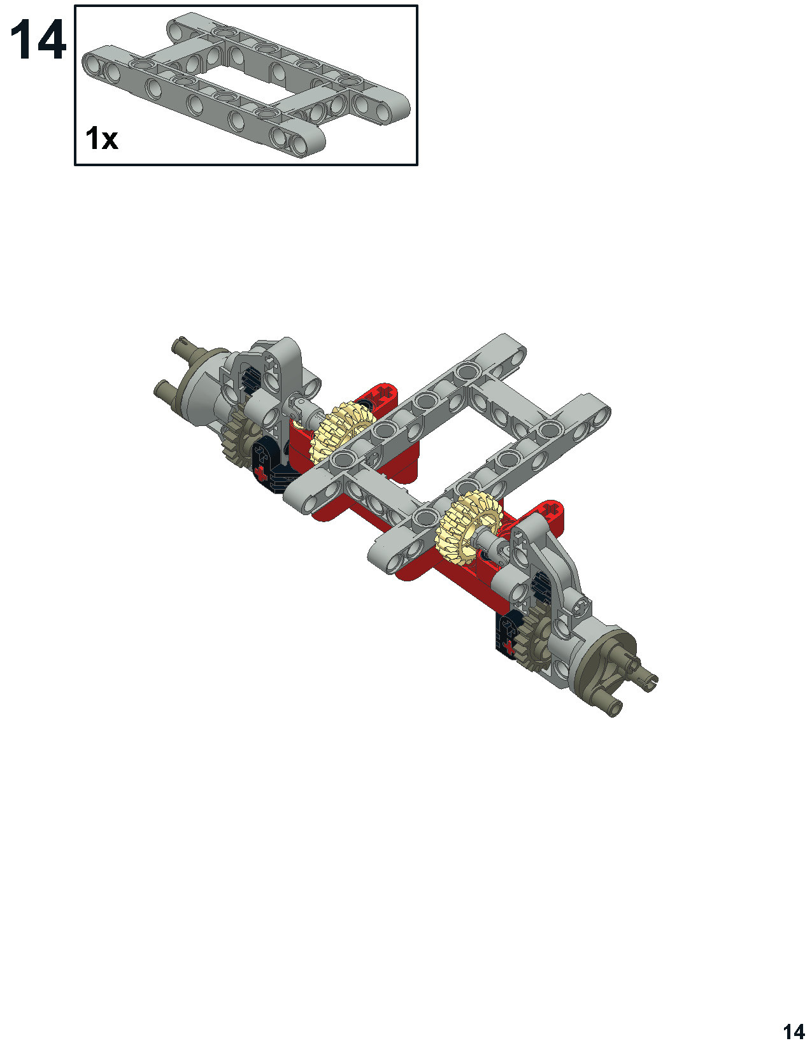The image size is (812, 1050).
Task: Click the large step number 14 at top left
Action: (38, 40)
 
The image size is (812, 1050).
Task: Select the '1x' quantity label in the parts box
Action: (101, 139)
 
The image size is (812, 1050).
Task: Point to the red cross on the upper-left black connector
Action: (261, 474)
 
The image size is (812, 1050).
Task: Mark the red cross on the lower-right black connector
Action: (507, 646)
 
